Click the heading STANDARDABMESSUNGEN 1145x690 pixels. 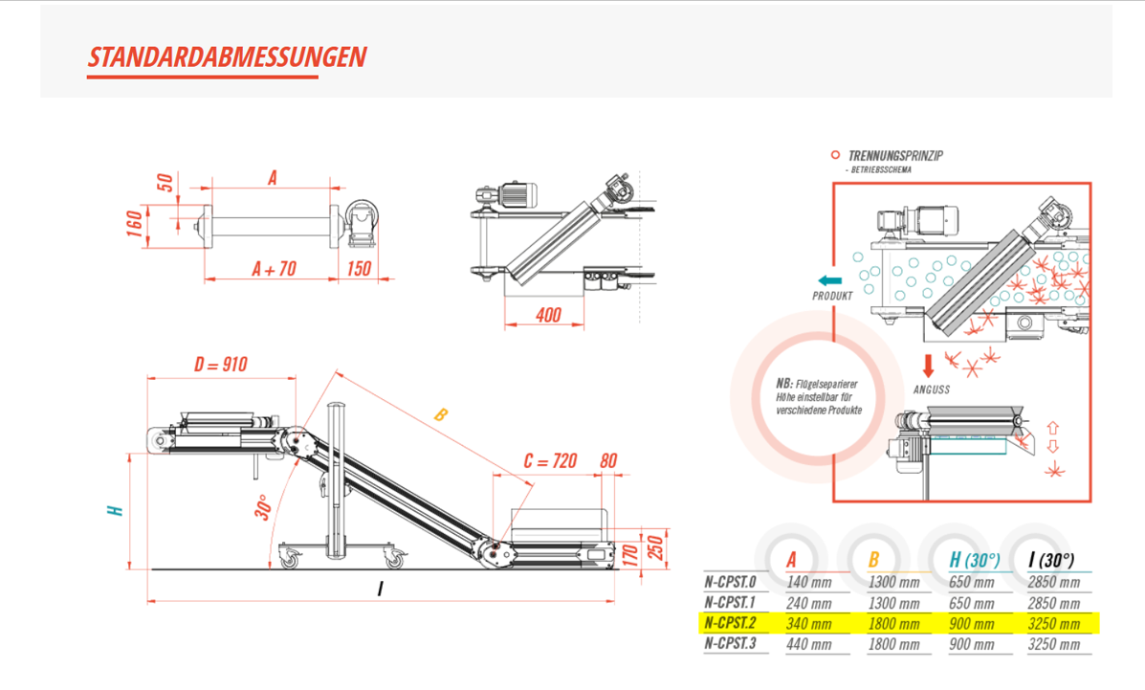[x=227, y=56]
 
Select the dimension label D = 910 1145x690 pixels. [x=220, y=364]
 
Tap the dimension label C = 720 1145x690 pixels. [x=550, y=461]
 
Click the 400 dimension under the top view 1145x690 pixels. [x=547, y=314]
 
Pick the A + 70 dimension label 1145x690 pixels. [x=273, y=269]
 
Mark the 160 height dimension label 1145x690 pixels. [x=134, y=226]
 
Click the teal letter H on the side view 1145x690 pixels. [x=117, y=510]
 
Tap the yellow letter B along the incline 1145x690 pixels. [x=440, y=415]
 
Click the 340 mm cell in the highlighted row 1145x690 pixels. [x=808, y=624]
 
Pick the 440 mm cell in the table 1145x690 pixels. [x=808, y=644]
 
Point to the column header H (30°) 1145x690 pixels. [x=972, y=561]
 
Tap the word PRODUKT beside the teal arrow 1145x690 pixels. [x=832, y=296]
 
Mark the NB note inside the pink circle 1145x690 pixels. [x=819, y=396]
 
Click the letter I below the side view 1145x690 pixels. [x=380, y=589]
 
